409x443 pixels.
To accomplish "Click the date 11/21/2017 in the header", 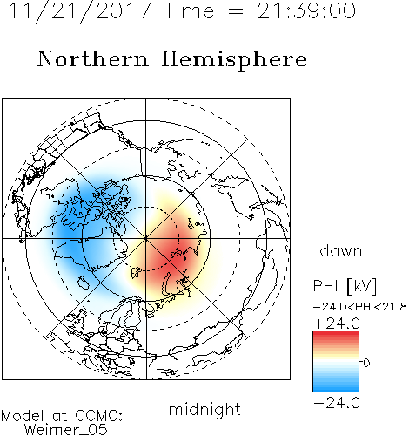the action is (80, 11).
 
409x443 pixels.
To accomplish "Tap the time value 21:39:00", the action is (306, 10).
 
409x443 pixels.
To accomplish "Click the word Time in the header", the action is (189, 10).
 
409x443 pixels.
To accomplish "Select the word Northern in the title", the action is (93, 58).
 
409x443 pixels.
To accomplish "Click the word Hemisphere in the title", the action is (234, 60).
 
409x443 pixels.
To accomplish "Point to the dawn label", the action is (341, 250).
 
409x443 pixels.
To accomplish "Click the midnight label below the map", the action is (204, 410).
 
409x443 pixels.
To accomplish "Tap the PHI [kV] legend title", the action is (345, 286).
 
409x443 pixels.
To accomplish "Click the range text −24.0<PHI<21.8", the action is (360, 307).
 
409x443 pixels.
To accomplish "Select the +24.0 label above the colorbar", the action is (337, 324).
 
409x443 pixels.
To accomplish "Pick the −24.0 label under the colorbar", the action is (337, 403).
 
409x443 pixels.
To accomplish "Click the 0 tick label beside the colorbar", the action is (366, 363).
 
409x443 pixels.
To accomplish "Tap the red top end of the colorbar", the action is (336, 333).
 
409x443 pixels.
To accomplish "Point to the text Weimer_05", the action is (66, 430).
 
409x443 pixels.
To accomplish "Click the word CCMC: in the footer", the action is (99, 416).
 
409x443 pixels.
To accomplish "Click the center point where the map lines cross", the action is (146, 239).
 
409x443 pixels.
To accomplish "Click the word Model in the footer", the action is (23, 416).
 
